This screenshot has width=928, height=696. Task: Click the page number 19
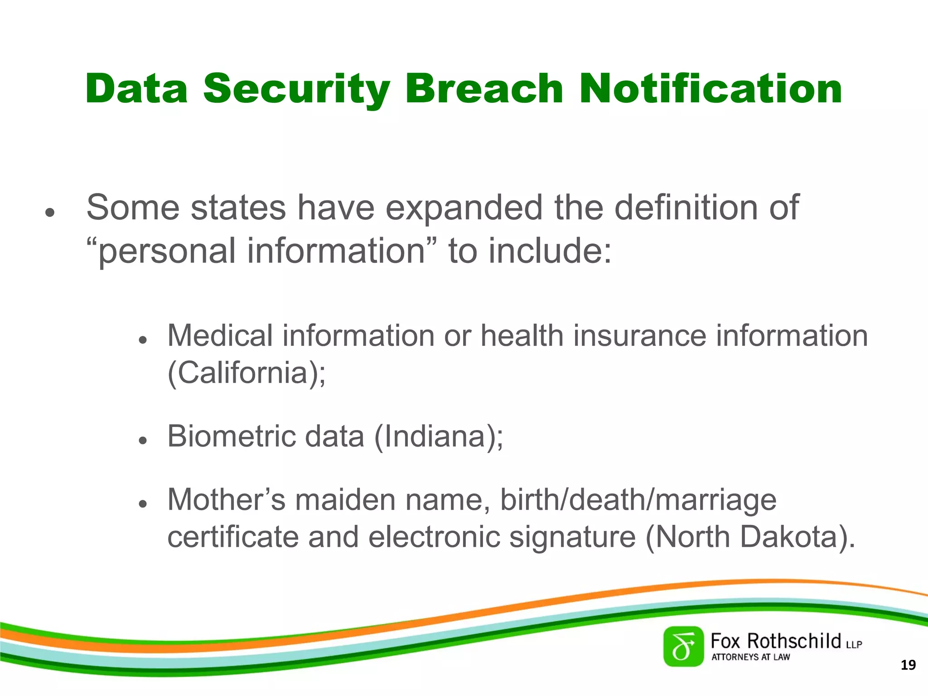pos(908,665)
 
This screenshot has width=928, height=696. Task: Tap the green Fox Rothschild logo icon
pos(683,647)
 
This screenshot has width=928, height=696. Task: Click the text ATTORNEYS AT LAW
pos(750,657)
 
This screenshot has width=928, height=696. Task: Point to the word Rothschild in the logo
pos(794,641)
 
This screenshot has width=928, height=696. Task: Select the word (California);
pos(246,373)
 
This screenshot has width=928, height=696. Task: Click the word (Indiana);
pos(438,437)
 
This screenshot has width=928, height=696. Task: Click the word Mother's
pos(226,500)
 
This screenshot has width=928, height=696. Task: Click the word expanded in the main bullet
pos(464,208)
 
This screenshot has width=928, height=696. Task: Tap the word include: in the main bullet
pos(550,251)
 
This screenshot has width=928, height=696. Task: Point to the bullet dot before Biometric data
pos(143,440)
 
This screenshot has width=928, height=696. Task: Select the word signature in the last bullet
pos(572,537)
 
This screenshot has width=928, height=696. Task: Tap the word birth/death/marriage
pos(638,500)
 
